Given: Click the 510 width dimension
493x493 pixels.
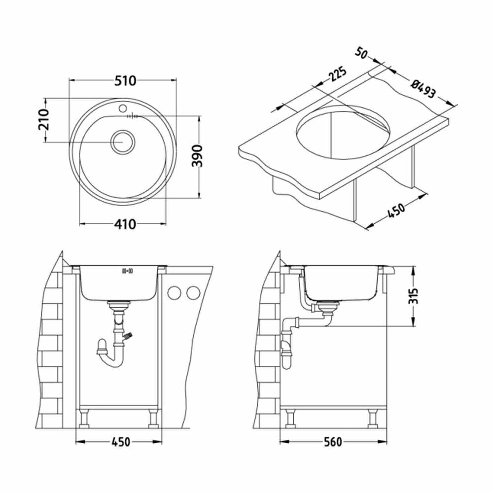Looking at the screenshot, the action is [x=125, y=81].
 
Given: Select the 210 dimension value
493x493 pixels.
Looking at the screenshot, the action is [x=44, y=119].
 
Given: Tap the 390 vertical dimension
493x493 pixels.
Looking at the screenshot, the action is [x=197, y=156].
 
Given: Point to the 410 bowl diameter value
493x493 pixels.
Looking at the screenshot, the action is [x=125, y=224].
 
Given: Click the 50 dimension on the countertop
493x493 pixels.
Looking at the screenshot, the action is [x=361, y=53].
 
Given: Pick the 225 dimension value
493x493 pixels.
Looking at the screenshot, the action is [x=337, y=74].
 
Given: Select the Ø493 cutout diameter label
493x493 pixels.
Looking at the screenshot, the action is [x=423, y=88].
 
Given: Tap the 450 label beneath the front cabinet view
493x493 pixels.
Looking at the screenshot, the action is [x=120, y=442].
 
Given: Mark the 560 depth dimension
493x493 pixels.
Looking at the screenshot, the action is [x=333, y=442].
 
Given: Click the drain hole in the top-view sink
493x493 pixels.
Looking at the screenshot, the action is [x=123, y=141].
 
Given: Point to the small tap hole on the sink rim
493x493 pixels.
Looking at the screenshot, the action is [x=123, y=108].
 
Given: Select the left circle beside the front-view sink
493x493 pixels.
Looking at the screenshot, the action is [x=174, y=293].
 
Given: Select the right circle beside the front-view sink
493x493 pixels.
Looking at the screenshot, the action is [x=193, y=293].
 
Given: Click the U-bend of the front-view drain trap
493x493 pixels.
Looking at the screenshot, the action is [x=110, y=358].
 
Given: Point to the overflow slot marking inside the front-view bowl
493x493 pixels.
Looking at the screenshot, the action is [x=127, y=271].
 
